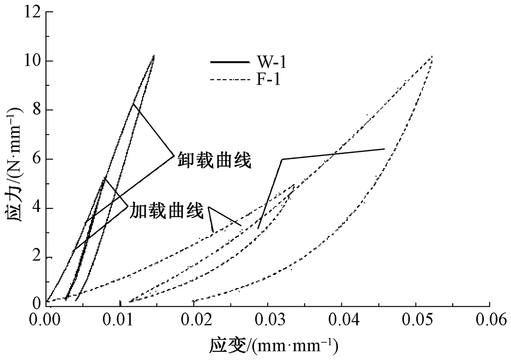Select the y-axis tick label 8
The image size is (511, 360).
[x=34, y=110]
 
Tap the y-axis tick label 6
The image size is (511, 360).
[x=34, y=159]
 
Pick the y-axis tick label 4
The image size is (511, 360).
[x=34, y=208]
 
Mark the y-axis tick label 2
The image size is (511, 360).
[x=34, y=257]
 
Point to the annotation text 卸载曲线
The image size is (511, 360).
[x=215, y=160]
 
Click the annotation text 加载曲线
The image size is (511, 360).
[x=167, y=210]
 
